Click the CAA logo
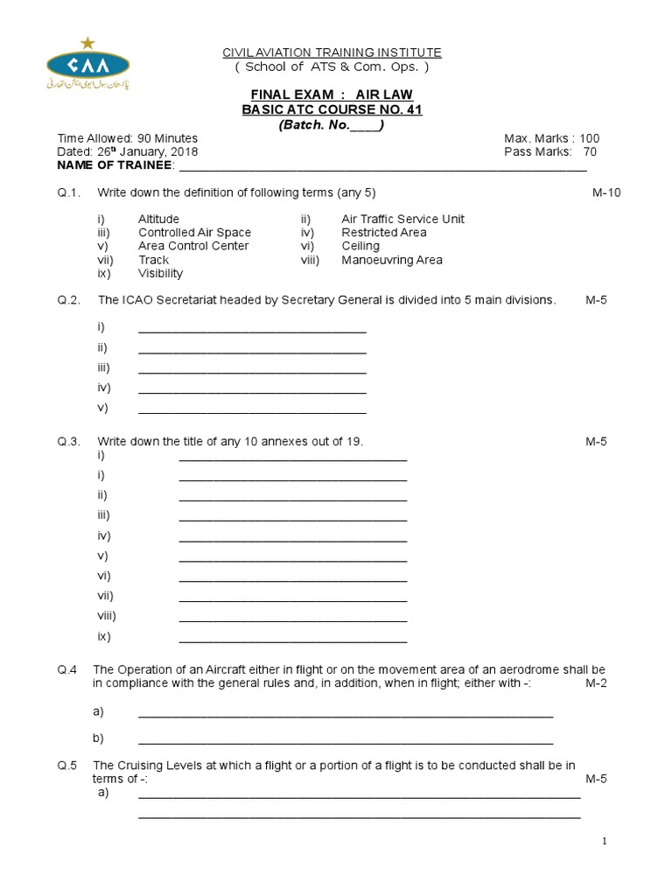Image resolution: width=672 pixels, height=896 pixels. pos(87,65)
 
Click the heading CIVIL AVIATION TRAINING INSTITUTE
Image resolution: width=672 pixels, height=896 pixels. pos(332,52)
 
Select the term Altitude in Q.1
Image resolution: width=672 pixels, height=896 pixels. pos(158,219)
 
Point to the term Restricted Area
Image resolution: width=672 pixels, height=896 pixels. pos(384,233)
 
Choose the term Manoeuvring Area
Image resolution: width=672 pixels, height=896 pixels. pos(392,260)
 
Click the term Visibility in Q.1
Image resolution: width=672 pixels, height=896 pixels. pos(161,273)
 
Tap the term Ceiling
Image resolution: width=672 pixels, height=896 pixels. pos(362,246)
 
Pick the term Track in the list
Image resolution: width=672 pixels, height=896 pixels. pos(153,260)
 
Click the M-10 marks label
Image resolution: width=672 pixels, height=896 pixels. pos(606,192)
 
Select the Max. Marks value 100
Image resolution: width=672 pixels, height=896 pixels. pos(589,138)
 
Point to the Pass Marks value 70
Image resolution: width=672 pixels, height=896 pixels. pos(590,151)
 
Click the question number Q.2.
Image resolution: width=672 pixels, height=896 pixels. pos(69,300)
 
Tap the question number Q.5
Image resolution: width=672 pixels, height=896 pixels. pos(69,766)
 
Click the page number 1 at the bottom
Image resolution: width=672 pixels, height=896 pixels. pos(604,842)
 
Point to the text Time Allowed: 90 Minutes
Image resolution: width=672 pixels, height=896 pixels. pos(128,138)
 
